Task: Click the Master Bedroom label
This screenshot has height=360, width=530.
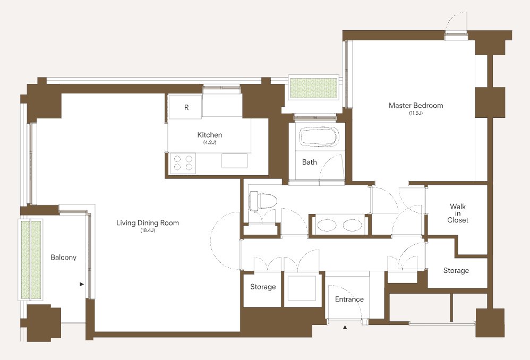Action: pos(416,106)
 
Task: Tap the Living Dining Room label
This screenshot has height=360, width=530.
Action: pos(148,223)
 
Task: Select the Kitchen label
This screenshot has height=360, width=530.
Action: pos(210,135)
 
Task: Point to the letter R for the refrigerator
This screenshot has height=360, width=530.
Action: pos(186,107)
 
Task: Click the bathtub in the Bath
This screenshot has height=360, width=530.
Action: pos(319,136)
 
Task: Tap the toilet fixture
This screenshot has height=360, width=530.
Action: pos(263,201)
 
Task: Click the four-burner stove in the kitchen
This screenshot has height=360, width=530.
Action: pos(183,163)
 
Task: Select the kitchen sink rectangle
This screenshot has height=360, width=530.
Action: pos(235,160)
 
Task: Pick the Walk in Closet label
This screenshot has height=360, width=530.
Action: pos(458,213)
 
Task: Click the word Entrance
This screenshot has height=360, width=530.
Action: pos(349,299)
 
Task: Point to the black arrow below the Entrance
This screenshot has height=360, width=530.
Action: pos(345,327)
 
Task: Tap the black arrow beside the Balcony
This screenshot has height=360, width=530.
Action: pos(81,284)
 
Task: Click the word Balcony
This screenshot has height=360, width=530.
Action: pos(63,258)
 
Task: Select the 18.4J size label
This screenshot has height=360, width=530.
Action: pos(148,230)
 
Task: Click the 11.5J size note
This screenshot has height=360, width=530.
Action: pos(416,113)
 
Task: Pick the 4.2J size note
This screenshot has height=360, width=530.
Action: pos(210,142)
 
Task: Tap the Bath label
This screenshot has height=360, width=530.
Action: pos(309,162)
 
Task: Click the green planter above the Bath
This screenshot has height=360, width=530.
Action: pos(314,88)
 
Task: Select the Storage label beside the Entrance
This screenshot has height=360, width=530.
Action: pos(263,287)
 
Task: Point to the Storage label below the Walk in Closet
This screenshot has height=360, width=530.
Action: pos(456,270)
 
